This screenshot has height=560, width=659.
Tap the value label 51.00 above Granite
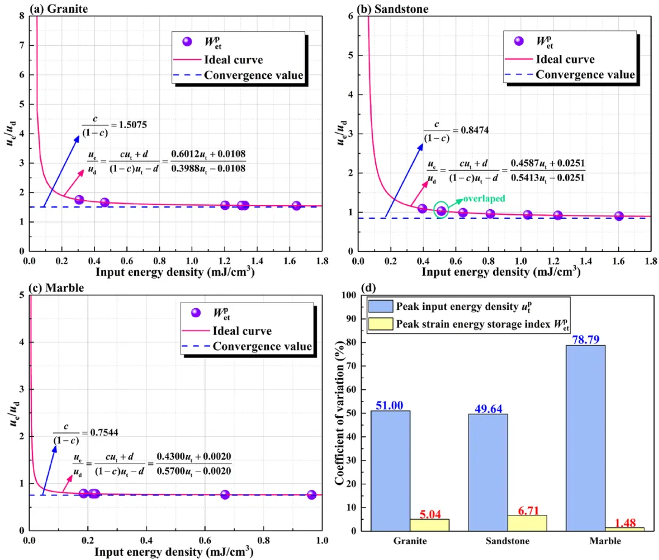391,404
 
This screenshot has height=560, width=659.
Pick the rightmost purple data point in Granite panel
297,206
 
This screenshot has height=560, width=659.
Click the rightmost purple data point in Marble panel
311,495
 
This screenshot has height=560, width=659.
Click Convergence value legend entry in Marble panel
262,347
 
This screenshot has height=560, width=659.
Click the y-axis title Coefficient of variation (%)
340,412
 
